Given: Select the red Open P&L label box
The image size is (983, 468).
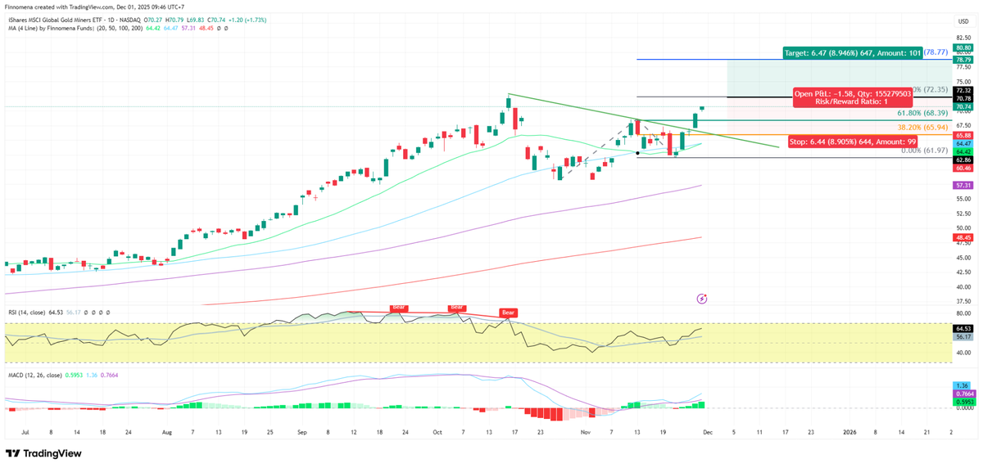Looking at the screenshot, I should (852, 98).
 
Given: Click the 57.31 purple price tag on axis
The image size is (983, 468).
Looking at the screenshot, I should (963, 186).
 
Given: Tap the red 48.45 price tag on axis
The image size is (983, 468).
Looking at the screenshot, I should (963, 237).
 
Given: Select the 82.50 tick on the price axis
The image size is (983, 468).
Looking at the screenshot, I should (963, 38).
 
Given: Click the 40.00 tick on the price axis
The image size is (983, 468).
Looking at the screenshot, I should (963, 287).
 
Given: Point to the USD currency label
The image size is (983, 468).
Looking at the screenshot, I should (963, 20).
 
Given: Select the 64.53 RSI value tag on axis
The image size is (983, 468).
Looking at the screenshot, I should (963, 327).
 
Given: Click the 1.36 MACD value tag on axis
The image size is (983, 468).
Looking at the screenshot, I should (963, 385).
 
